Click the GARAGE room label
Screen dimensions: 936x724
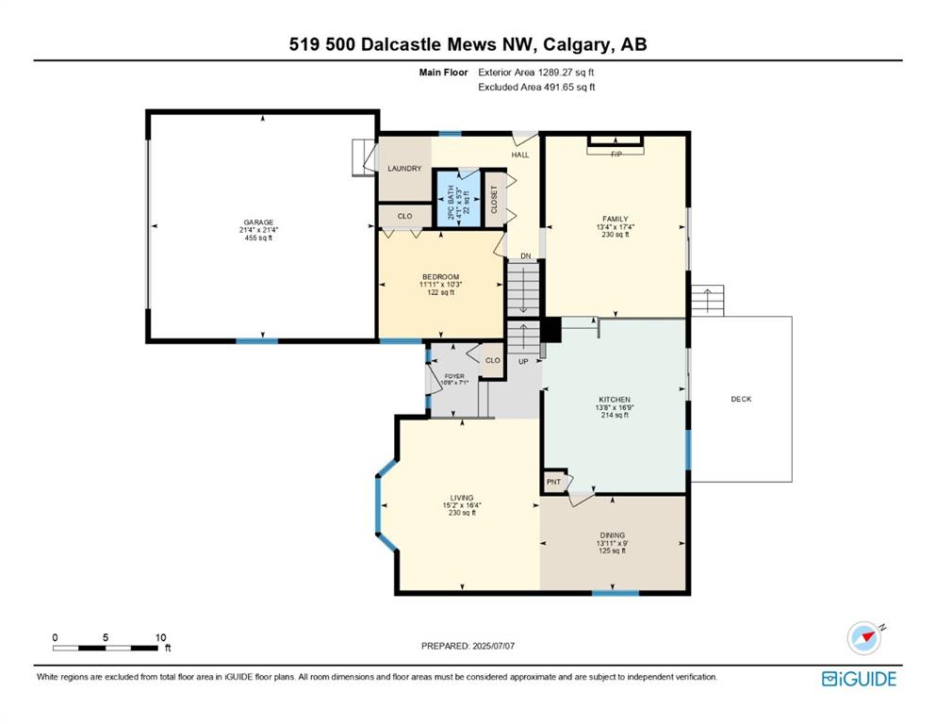258,222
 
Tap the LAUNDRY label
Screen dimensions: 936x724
404,169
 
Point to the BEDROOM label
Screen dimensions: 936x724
440,277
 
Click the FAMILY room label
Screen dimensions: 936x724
615,219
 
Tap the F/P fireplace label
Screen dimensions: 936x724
616,155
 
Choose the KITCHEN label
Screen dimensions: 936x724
615,400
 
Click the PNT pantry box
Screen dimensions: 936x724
554,481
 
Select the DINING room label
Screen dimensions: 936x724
613,535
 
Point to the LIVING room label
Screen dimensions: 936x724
462,498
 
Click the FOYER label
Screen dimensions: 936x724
454,377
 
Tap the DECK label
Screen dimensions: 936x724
742,399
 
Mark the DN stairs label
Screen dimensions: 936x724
525,256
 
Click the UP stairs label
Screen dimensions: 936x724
523,362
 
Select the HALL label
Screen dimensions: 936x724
520,155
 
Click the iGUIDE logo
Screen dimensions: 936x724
859,679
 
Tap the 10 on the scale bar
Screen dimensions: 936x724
160,637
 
